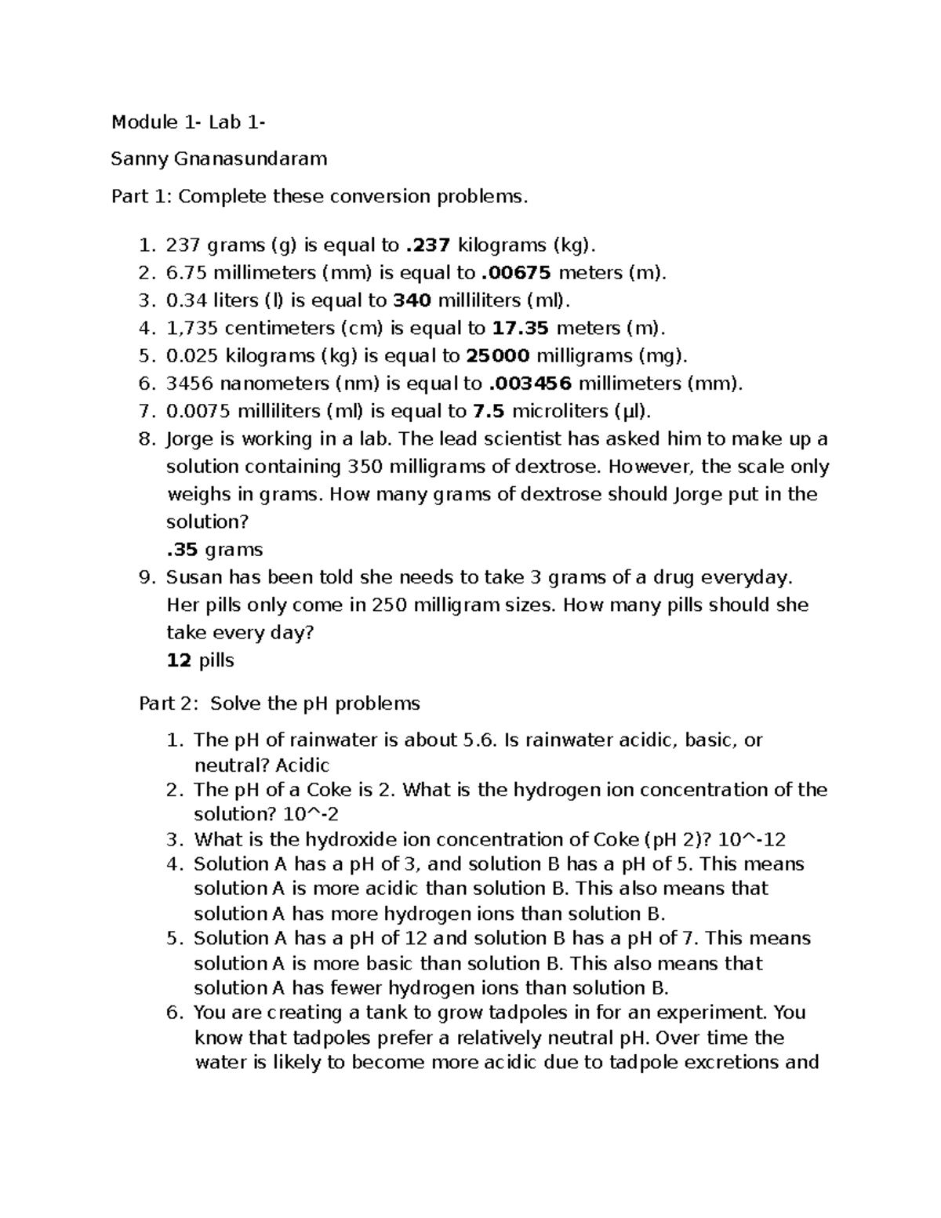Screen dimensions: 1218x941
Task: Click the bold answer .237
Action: (x=427, y=245)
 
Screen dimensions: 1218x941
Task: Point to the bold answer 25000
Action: (x=498, y=356)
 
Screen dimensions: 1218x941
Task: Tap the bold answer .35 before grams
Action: (x=183, y=549)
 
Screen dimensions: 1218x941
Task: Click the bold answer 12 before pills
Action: (x=179, y=660)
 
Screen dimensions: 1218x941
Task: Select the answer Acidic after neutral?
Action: (x=302, y=765)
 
